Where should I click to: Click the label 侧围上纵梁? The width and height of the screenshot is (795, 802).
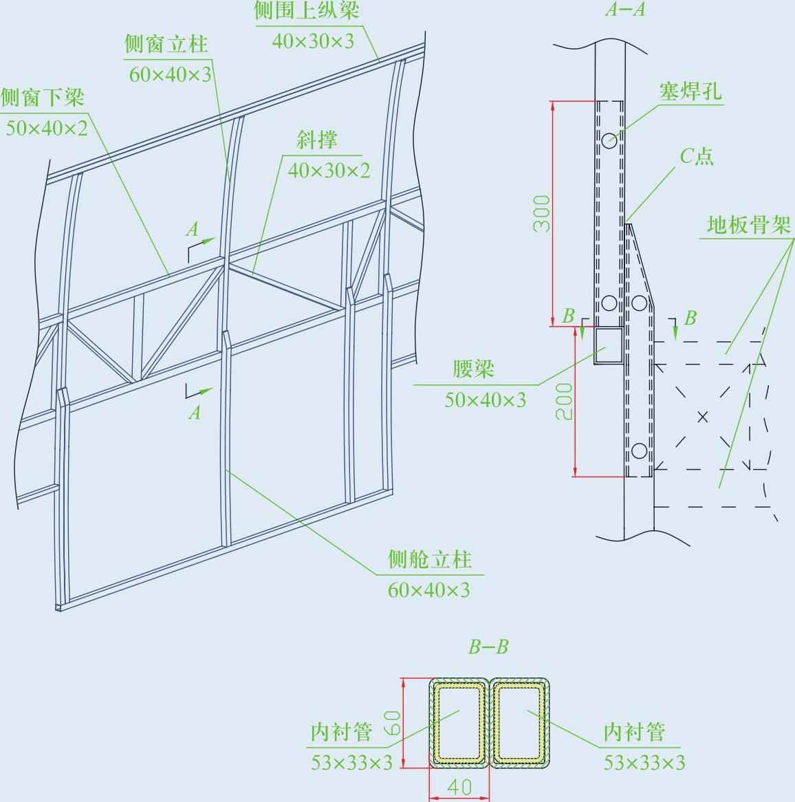(x=307, y=11)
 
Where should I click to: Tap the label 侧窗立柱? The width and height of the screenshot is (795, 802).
(x=166, y=45)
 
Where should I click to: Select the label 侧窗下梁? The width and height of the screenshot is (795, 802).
(x=43, y=98)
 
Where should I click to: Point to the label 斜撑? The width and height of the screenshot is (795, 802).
(x=317, y=140)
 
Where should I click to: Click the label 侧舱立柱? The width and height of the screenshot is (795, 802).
(x=430, y=560)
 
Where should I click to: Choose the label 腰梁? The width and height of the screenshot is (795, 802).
(x=473, y=369)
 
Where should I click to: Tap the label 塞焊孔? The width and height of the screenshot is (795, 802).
(x=690, y=91)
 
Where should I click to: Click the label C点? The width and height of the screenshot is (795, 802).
(x=697, y=157)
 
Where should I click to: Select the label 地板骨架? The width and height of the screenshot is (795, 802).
(x=749, y=225)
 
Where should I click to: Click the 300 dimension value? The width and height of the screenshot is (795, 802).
(x=543, y=213)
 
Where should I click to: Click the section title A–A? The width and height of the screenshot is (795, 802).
(x=624, y=10)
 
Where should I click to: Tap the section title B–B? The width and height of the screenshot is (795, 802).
(x=488, y=647)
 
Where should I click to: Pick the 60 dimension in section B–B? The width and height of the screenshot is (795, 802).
(x=393, y=724)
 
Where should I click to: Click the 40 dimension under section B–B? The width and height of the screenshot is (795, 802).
(x=459, y=786)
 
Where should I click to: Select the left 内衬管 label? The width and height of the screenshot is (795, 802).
(x=341, y=732)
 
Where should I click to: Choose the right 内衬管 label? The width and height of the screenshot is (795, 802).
(x=634, y=732)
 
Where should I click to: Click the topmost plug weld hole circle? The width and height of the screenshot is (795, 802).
(x=609, y=140)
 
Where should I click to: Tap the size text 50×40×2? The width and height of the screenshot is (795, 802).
(x=47, y=128)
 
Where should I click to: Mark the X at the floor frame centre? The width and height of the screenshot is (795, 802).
(x=702, y=416)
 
